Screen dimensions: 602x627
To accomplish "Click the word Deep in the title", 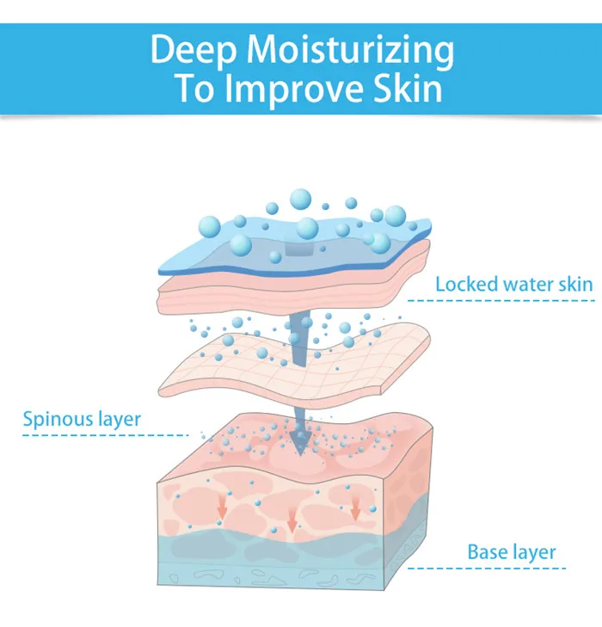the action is (193, 51).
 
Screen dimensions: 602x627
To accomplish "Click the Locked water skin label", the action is (513, 284).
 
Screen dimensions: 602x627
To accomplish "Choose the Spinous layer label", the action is (82, 420).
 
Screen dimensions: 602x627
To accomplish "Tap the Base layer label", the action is (512, 551).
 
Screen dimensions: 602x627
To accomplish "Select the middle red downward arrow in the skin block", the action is (292, 520).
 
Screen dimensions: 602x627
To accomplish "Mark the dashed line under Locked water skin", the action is (500, 300).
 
